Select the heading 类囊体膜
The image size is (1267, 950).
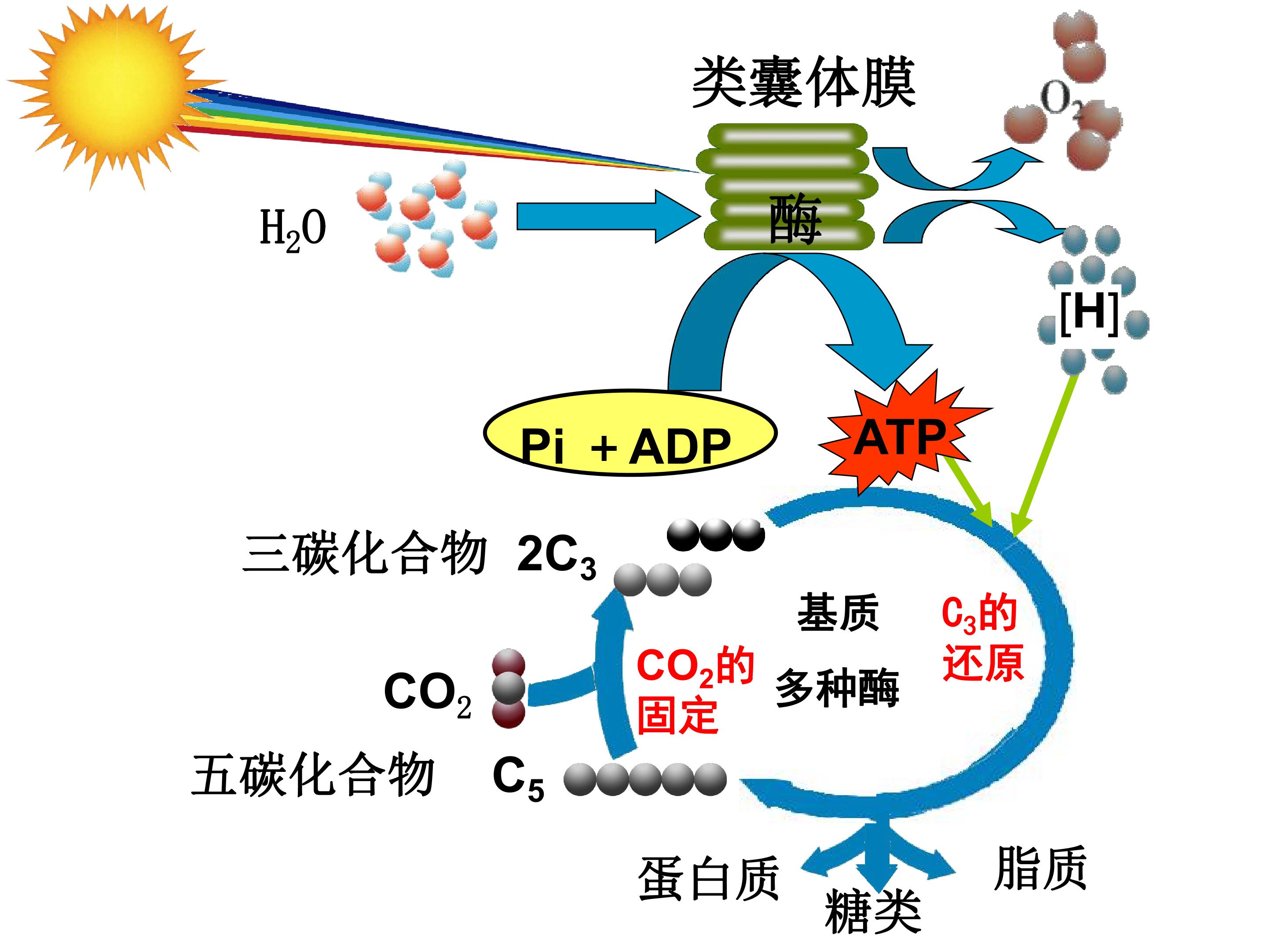[x=804, y=83]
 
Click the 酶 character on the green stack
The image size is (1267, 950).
[x=795, y=219]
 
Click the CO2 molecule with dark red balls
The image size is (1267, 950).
[x=509, y=688]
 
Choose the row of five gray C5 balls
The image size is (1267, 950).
[x=645, y=779]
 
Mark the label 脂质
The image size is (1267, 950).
[x=1040, y=868]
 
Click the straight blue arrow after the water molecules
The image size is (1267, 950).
[x=608, y=217]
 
